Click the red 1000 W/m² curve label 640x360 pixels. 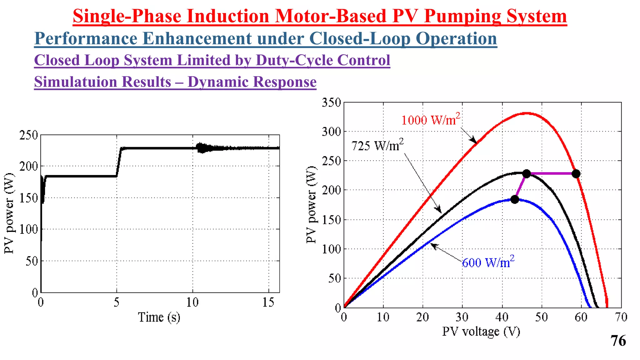click(431, 119)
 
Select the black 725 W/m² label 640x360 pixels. click(377, 145)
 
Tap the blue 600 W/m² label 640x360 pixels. click(488, 262)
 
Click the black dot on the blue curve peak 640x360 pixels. click(515, 199)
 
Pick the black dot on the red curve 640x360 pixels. click(576, 174)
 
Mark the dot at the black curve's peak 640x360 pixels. click(527, 174)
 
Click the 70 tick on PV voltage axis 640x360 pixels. click(621, 317)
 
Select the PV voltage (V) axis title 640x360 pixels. click(481, 332)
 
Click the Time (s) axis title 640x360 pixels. click(159, 317)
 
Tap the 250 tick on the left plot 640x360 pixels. click(28, 135)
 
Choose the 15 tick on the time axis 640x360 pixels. click(268, 302)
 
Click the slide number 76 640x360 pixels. click(618, 341)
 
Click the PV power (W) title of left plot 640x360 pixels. click(9, 213)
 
